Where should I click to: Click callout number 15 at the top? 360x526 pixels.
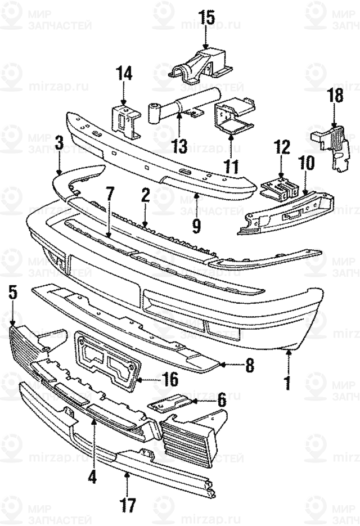[206, 17]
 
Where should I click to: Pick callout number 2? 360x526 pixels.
[145, 195]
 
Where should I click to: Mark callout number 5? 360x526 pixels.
[12, 293]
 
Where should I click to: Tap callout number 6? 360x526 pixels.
[221, 401]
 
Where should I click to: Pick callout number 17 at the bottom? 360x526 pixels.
[128, 505]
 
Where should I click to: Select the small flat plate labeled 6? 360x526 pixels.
[168, 404]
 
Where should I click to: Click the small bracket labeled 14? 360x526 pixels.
[125, 120]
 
